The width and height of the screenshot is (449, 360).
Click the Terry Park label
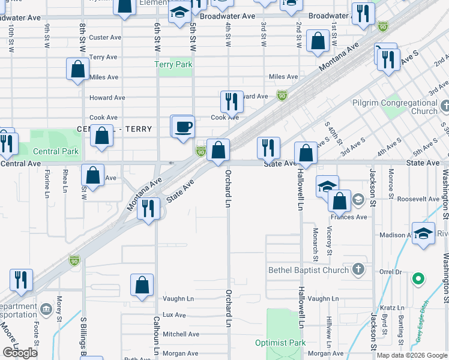173,64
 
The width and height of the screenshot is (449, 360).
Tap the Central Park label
56,151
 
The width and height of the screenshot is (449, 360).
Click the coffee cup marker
183,127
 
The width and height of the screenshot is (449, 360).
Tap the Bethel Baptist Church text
309,270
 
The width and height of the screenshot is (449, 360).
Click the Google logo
20,353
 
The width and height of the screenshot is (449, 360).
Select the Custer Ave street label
105,37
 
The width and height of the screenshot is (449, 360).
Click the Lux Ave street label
174,314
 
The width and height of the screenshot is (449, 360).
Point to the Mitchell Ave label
181,334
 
